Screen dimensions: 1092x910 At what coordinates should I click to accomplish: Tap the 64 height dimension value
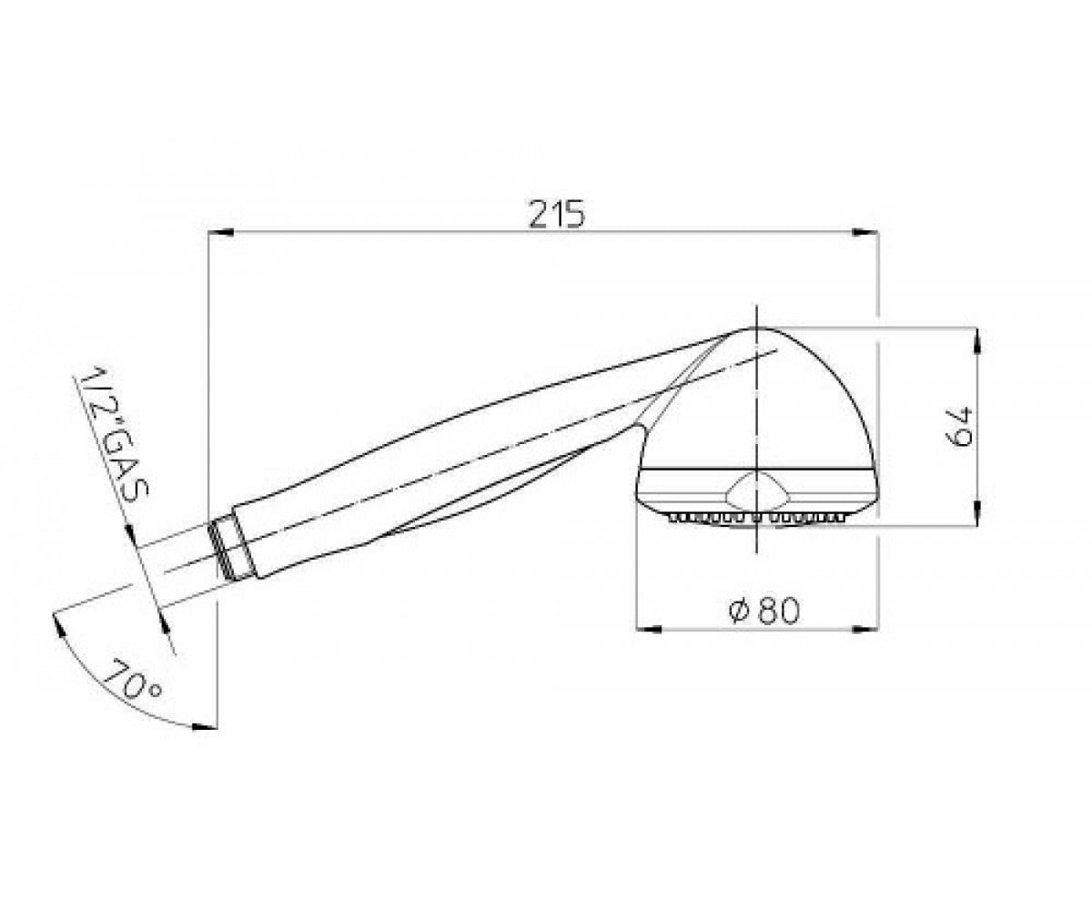pyautogui.click(x=960, y=426)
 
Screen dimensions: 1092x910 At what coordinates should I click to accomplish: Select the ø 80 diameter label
pyautogui.click(x=763, y=610)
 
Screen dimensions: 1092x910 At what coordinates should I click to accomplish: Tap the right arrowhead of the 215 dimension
pyautogui.click(x=865, y=233)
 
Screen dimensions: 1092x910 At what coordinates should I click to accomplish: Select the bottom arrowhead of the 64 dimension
pyautogui.click(x=977, y=512)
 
